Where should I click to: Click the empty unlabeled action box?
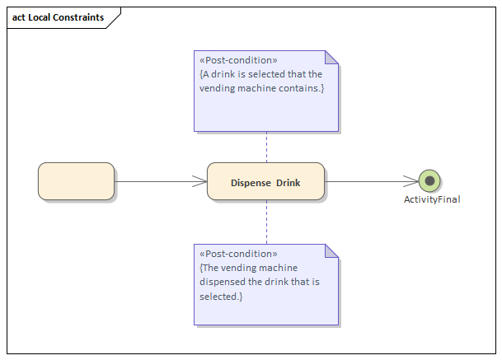(x=76, y=181)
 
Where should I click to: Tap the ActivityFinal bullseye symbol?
(x=429, y=181)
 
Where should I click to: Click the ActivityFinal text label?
(x=431, y=199)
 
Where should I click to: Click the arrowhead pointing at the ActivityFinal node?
(x=411, y=181)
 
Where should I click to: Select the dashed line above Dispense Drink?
(x=266, y=147)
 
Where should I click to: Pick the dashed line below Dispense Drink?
(x=266, y=222)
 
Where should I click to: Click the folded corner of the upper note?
(x=331, y=58)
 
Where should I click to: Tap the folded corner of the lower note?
(x=331, y=251)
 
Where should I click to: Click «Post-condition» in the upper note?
(x=238, y=60)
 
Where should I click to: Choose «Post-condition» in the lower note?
(x=238, y=254)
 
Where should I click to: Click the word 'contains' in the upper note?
(x=298, y=88)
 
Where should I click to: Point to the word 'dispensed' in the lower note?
(x=223, y=282)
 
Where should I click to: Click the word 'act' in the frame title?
(x=18, y=17)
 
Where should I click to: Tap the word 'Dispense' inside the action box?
(x=251, y=182)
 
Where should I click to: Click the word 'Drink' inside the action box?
(x=289, y=182)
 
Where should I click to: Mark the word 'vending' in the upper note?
(x=218, y=88)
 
